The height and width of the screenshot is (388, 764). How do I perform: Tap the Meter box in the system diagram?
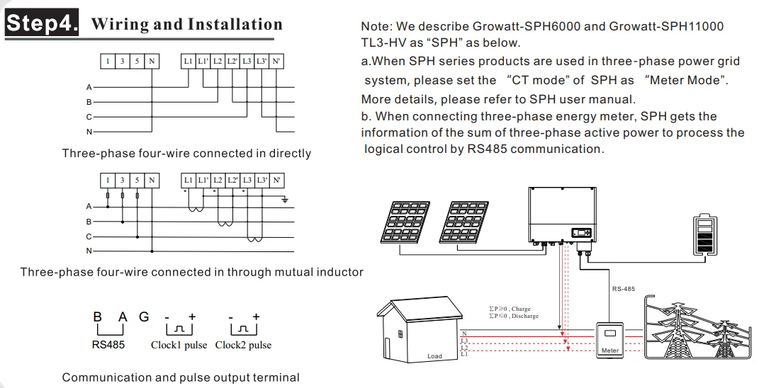pyautogui.click(x=609, y=338)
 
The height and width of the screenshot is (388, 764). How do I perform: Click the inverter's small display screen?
pyautogui.click(x=582, y=232)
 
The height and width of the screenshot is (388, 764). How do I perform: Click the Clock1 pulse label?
pyautogui.click(x=179, y=346)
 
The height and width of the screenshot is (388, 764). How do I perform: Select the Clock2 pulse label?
pyautogui.click(x=243, y=346)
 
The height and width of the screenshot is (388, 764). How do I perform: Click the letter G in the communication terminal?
pyautogui.click(x=144, y=318)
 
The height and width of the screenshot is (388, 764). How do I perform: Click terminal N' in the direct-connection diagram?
pyautogui.click(x=277, y=62)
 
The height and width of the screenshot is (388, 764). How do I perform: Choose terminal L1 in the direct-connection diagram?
pyautogui.click(x=188, y=62)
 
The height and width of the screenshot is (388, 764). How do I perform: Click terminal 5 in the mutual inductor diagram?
pyautogui.click(x=137, y=181)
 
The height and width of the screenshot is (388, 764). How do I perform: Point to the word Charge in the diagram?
pyautogui.click(x=521, y=309)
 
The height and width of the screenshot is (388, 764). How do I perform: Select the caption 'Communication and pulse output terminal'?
pyautogui.click(x=181, y=377)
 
